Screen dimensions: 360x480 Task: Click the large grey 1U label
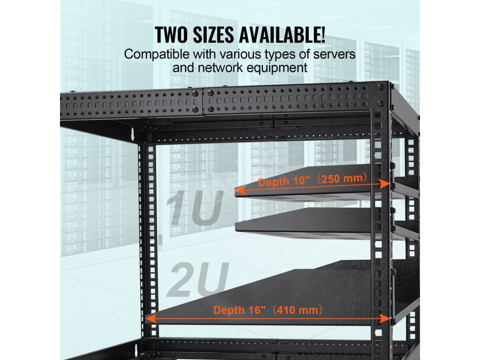193,208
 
